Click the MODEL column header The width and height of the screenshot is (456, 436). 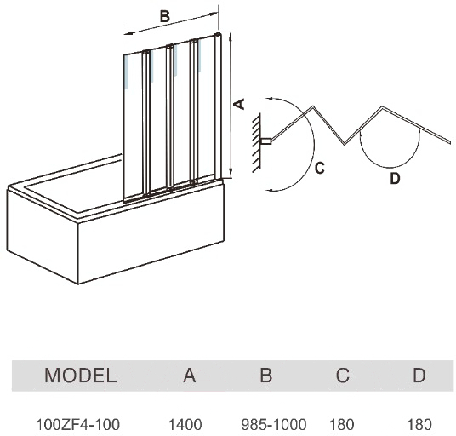80,376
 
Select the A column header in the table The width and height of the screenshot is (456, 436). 190,376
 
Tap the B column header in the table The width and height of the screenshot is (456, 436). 265,376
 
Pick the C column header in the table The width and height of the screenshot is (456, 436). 343,376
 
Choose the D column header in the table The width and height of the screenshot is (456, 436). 419,376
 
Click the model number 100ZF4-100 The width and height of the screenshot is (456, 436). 77,424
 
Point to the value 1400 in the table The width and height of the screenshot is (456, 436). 185,424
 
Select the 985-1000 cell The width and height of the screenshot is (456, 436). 274,424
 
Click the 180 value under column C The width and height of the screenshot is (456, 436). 341,424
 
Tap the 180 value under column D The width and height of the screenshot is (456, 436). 419,424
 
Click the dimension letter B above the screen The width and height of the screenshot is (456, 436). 164,16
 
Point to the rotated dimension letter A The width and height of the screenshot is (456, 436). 240,104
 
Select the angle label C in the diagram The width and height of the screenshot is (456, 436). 320,168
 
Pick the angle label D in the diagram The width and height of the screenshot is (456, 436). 395,178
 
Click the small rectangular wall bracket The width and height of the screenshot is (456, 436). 266,141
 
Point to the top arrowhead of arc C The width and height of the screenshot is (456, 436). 270,99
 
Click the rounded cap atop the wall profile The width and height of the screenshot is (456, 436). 218,34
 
